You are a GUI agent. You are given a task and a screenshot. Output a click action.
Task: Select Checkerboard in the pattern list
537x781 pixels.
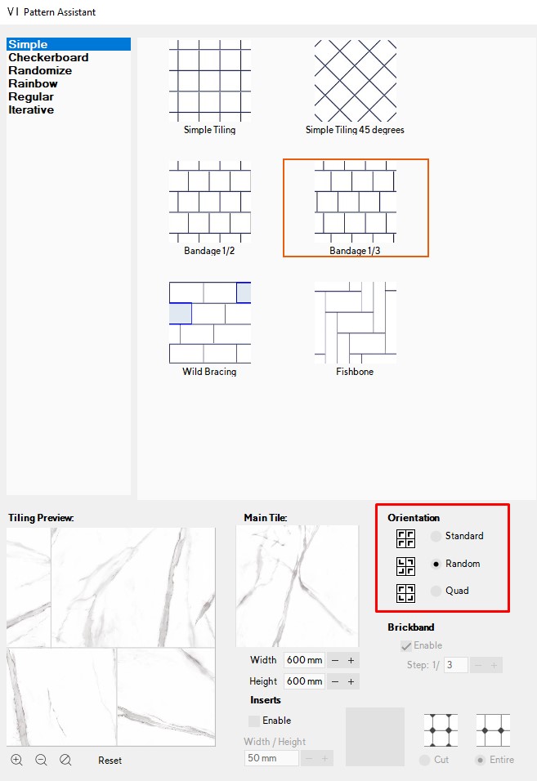(x=48, y=58)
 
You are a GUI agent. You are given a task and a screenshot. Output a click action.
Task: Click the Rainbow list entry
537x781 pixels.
(x=33, y=84)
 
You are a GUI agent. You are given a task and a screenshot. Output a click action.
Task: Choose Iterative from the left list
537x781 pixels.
(x=31, y=110)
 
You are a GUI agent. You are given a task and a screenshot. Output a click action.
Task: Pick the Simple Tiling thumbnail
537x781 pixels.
(x=209, y=81)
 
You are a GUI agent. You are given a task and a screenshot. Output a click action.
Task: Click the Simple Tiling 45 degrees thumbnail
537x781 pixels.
(x=355, y=81)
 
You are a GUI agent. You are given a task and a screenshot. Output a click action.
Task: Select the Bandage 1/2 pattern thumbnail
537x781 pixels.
(x=209, y=203)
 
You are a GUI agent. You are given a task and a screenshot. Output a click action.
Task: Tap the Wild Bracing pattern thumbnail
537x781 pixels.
(x=209, y=323)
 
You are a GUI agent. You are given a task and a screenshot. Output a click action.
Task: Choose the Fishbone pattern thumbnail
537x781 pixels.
(x=355, y=323)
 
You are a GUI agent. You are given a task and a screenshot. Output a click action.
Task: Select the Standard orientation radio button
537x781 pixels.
(x=436, y=537)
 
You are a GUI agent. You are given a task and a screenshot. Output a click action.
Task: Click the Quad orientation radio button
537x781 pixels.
(x=436, y=591)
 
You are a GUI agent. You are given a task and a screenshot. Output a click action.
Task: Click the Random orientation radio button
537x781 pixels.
(x=436, y=564)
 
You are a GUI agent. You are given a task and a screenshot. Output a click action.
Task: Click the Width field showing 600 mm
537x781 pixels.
(x=304, y=660)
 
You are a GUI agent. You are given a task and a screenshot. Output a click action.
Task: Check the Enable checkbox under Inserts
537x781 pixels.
(x=254, y=721)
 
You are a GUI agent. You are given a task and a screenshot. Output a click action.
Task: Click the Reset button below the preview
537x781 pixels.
(x=110, y=761)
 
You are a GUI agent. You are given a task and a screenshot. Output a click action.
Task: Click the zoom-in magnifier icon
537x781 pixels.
(x=16, y=760)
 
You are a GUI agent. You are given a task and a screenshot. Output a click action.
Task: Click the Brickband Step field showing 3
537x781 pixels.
(x=456, y=665)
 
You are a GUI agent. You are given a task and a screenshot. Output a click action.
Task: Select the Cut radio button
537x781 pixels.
(x=424, y=760)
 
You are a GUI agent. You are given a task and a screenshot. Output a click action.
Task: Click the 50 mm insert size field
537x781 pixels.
(x=271, y=758)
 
